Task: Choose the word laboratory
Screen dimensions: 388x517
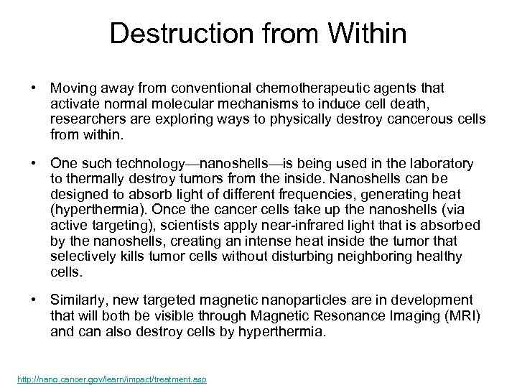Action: pyautogui.click(x=438, y=164)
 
